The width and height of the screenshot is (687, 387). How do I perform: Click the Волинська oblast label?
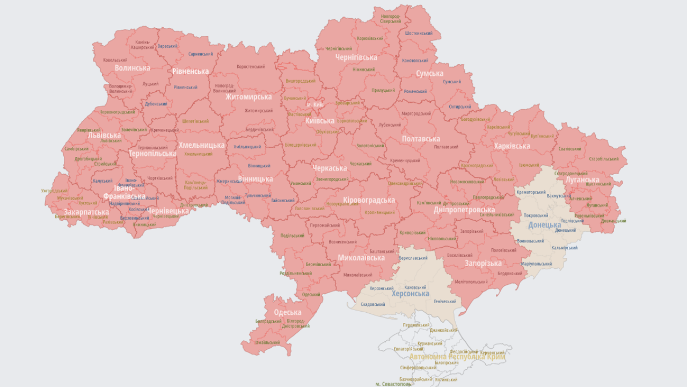click(132, 68)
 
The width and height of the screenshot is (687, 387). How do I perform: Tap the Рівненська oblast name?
click(191, 71)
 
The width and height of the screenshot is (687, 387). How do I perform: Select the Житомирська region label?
click(248, 97)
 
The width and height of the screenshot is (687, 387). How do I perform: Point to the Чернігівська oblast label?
click(356, 58)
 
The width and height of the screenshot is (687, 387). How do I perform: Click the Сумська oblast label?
click(429, 73)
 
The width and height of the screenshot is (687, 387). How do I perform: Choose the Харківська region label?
click(511, 146)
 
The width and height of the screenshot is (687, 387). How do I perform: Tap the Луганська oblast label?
click(582, 180)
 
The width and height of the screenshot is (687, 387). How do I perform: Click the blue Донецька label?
click(544, 225)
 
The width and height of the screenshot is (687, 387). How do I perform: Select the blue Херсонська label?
click(410, 293)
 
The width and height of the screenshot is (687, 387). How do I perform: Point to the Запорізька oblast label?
click(483, 263)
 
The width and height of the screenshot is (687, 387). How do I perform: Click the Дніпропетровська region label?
click(464, 210)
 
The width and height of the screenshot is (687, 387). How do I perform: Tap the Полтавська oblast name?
click(421, 139)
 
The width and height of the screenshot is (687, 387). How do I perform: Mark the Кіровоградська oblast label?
click(369, 200)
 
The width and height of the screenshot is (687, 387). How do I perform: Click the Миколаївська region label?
click(361, 258)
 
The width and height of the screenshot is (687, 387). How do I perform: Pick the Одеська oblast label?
click(287, 312)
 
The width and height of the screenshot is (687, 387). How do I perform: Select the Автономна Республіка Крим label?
click(457, 356)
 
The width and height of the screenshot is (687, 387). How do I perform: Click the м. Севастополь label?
click(393, 384)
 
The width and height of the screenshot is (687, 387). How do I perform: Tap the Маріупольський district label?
click(536, 264)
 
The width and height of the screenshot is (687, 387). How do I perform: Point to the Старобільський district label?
click(603, 159)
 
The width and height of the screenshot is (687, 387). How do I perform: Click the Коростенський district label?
click(251, 67)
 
